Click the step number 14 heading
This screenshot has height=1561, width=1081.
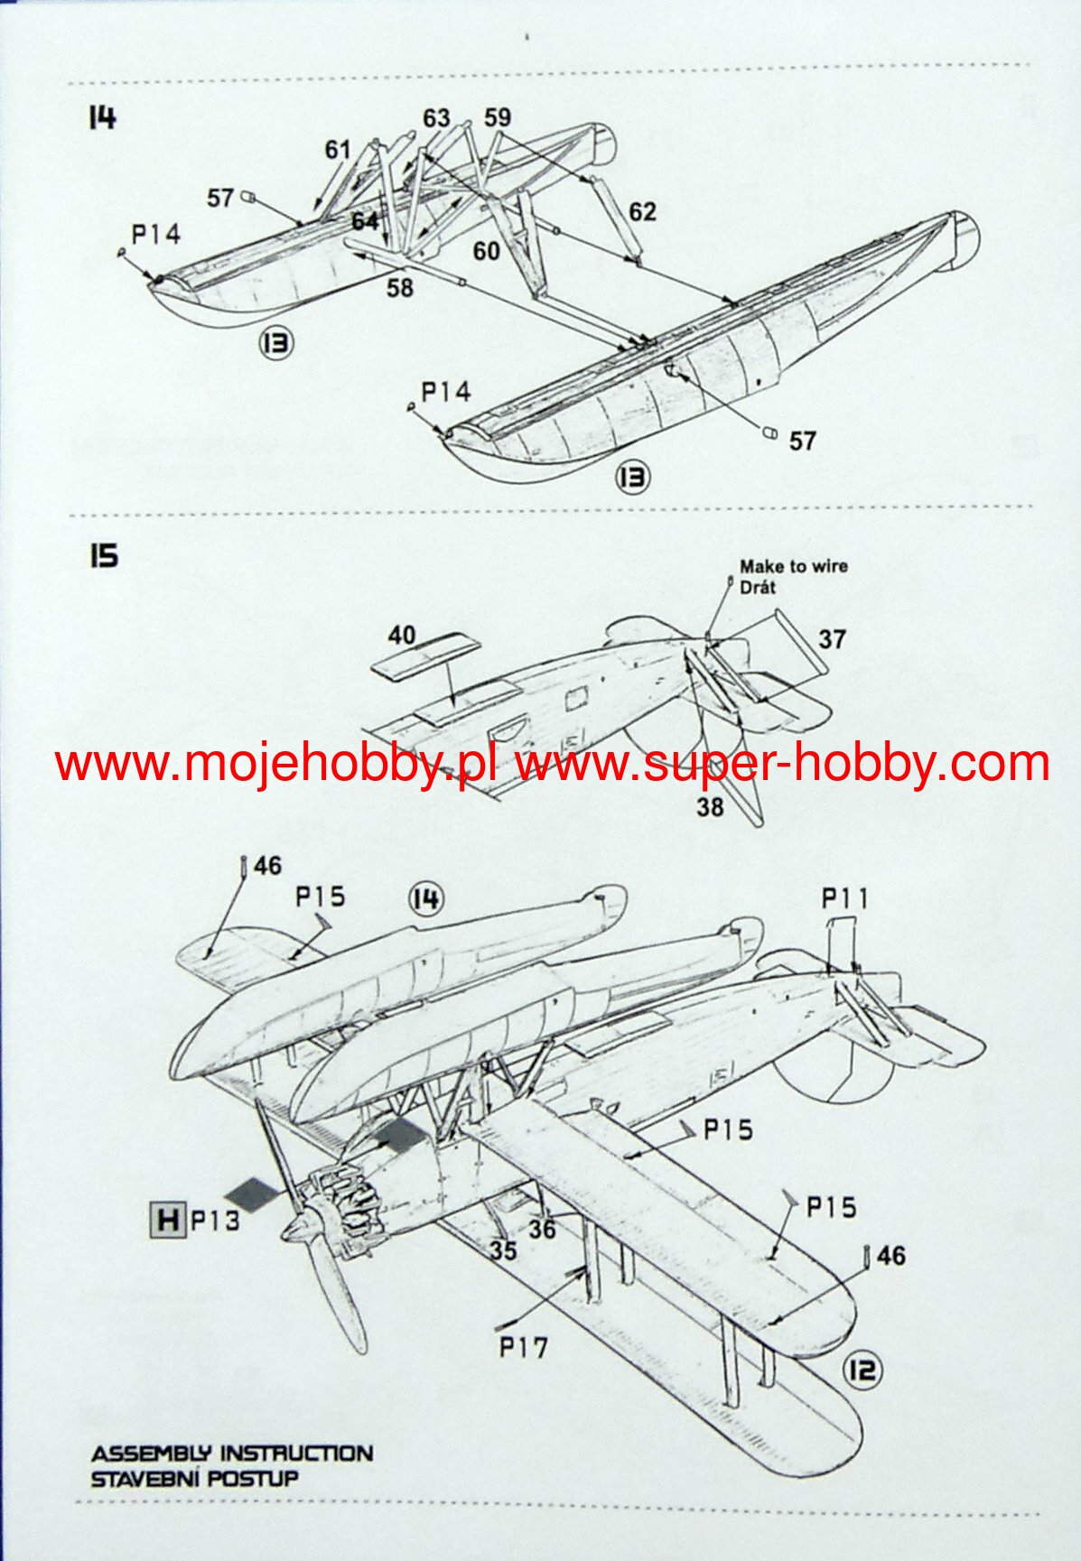(x=102, y=117)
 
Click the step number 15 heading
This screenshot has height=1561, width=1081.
(x=103, y=556)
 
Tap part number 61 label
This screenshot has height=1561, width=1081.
(x=338, y=149)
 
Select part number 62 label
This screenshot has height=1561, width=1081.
(x=642, y=212)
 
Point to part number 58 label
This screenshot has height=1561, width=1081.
(x=399, y=287)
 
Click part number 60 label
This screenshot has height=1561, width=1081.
(x=487, y=250)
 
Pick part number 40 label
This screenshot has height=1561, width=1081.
(x=402, y=636)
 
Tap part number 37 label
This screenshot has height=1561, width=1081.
(x=832, y=639)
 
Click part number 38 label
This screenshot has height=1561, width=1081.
(x=710, y=806)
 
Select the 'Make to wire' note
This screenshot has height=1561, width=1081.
(x=793, y=567)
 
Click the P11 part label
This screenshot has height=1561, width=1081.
(x=844, y=898)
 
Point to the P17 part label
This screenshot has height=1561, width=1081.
(x=524, y=1348)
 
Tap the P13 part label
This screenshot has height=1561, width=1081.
(x=215, y=1222)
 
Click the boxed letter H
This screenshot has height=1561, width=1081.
(x=167, y=1221)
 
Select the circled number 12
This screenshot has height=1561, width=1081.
(x=862, y=1371)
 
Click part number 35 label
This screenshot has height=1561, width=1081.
(x=504, y=1250)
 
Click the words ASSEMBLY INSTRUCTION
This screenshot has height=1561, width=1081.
(x=231, y=1454)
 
